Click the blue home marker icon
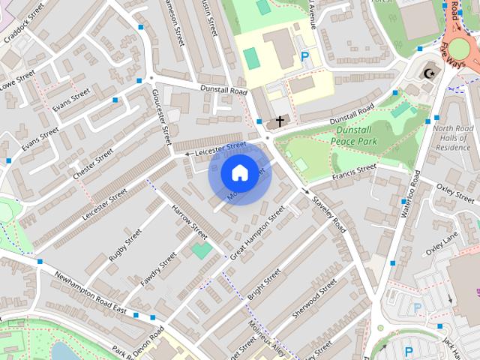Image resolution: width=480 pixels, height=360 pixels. pyautogui.click(x=239, y=172)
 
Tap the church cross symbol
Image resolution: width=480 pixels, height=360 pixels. pyautogui.click(x=280, y=121)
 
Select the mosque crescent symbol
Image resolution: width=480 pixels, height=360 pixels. pyautogui.click(x=430, y=73)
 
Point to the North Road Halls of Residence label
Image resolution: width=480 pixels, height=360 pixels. pyautogui.click(x=452, y=137)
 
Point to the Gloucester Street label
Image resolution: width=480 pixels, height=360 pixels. pyautogui.click(x=162, y=117)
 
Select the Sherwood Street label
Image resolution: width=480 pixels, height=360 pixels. pyautogui.click(x=314, y=299)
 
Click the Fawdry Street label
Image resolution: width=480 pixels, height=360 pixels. pyautogui.click(x=157, y=268)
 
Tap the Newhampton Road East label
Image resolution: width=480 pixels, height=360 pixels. pyautogui.click(x=91, y=292)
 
